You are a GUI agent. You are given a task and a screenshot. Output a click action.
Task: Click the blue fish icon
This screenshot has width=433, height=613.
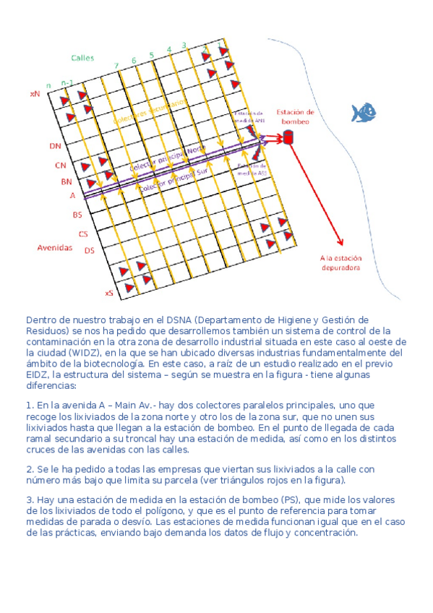point(364,112)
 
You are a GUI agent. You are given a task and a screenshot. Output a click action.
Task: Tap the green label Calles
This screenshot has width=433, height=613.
point(82,58)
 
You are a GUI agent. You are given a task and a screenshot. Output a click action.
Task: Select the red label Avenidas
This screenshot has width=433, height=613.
point(55,247)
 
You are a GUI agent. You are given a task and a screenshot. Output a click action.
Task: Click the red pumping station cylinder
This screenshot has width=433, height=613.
point(288,137)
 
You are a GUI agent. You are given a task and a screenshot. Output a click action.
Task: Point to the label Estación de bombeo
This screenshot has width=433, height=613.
point(296,116)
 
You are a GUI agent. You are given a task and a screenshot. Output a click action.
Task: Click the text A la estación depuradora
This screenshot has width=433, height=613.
point(341,262)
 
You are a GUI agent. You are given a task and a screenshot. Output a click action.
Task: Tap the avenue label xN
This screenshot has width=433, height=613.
point(35,94)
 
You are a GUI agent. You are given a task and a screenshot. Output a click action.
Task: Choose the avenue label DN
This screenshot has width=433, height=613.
point(56,146)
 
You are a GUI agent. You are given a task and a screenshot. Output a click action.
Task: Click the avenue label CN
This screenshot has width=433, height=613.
point(61,165)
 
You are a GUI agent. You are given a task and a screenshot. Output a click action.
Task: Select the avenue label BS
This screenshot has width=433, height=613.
point(77,215)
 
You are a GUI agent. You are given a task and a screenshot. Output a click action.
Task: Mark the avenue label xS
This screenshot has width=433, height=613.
point(109,293)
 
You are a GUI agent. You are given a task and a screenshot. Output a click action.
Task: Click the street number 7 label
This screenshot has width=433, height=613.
point(116,67)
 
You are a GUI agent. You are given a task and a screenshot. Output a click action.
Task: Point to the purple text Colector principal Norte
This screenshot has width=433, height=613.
point(167,159)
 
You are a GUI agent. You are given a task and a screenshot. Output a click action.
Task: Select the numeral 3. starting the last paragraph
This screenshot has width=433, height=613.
point(30,500)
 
